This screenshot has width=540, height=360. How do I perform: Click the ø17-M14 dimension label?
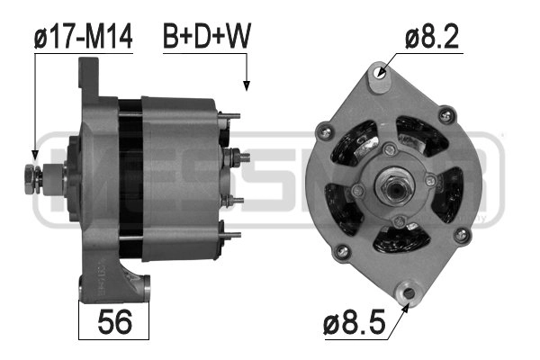tap(84, 37)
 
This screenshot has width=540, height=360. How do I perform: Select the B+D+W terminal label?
tap(207, 36)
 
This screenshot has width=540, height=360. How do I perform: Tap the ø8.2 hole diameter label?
tap(432, 37)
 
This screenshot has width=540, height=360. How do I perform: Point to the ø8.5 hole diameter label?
tap(354, 322)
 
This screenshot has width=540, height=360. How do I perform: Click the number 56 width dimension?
tap(114, 322)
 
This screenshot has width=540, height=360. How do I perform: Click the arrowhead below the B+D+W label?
tap(247, 85)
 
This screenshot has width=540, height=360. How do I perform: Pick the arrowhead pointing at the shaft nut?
tap(35, 155)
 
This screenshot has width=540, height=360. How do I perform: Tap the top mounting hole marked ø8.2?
tap(380, 72)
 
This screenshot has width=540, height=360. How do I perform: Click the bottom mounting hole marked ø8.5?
tap(409, 293)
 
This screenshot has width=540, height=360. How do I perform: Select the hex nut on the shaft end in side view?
tap(31, 179)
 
